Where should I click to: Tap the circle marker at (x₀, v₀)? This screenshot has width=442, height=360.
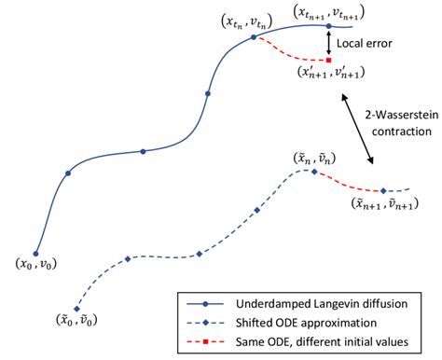click(x=36, y=253)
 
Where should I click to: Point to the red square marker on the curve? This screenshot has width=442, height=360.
click(x=328, y=60)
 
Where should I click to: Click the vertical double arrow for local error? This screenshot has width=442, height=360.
click(x=328, y=43)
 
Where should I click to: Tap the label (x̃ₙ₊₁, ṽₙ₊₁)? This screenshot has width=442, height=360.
click(x=381, y=203)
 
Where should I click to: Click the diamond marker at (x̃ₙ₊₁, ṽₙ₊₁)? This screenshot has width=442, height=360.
click(x=382, y=189)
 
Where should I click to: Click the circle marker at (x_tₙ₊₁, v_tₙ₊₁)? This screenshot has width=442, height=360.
click(x=328, y=26)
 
